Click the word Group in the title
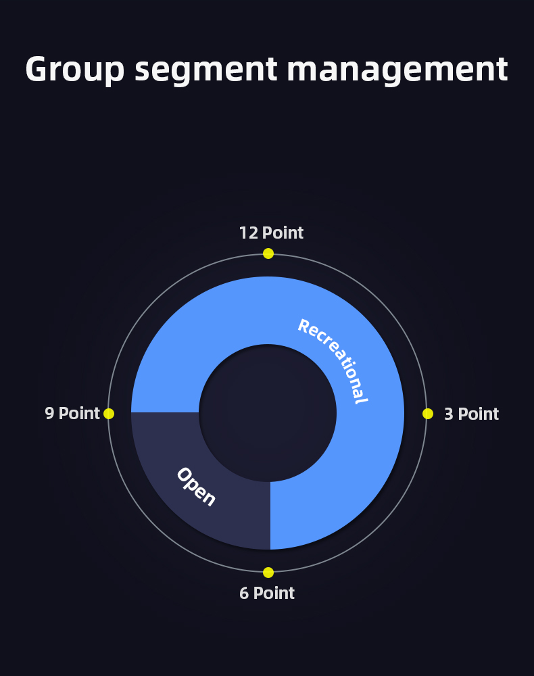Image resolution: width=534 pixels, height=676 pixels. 75,70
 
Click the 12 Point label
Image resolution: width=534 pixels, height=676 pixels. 271,233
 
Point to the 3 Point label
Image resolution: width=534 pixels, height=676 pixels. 472,414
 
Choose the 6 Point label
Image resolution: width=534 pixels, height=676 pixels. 267,594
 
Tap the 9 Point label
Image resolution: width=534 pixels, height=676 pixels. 72,413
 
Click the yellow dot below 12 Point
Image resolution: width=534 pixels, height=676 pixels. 268,254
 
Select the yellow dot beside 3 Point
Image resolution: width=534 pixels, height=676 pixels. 428,414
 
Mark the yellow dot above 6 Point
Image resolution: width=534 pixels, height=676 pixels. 268,573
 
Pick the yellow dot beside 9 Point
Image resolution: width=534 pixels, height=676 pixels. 109,414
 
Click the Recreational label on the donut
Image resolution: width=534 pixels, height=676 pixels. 333,360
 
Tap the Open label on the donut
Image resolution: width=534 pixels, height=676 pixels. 196,486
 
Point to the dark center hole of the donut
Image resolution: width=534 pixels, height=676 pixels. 268,413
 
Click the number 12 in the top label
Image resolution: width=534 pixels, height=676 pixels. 249,233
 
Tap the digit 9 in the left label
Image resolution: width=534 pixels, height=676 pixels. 49,414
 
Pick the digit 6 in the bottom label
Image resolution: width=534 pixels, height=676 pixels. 244,594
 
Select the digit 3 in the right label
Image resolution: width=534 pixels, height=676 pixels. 449,414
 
